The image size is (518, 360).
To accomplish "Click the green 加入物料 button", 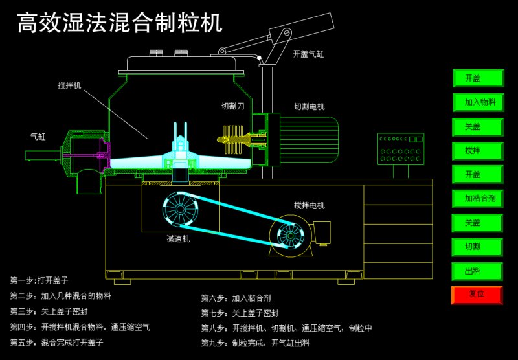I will [x=478, y=102].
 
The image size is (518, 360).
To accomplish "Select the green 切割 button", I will [x=478, y=247].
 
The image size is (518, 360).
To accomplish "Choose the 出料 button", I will [x=478, y=271].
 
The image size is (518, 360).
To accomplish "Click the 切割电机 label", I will [x=309, y=107].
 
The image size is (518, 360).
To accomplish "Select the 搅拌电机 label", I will [x=309, y=205].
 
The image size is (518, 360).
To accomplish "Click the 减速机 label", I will [x=178, y=239].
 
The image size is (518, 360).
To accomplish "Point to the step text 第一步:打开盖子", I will [x=39, y=280].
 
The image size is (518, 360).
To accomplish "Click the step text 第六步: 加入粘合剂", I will [x=236, y=298].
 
